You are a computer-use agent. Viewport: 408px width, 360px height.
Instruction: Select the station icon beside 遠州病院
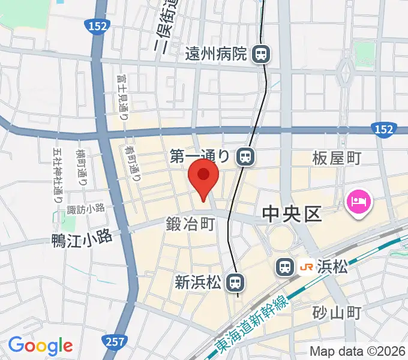261,55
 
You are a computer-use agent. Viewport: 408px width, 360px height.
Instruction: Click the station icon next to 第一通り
244,157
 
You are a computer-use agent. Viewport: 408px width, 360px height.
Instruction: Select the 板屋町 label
336,158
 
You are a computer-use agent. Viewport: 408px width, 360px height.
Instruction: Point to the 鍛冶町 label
190,225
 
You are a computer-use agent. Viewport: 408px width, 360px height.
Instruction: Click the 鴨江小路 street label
82,238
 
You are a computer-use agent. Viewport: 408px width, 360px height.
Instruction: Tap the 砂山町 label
336,313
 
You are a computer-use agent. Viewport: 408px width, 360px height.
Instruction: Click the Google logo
40,345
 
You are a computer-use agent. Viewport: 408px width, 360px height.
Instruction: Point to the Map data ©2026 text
356,352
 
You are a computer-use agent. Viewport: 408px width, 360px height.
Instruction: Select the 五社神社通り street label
58,177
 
